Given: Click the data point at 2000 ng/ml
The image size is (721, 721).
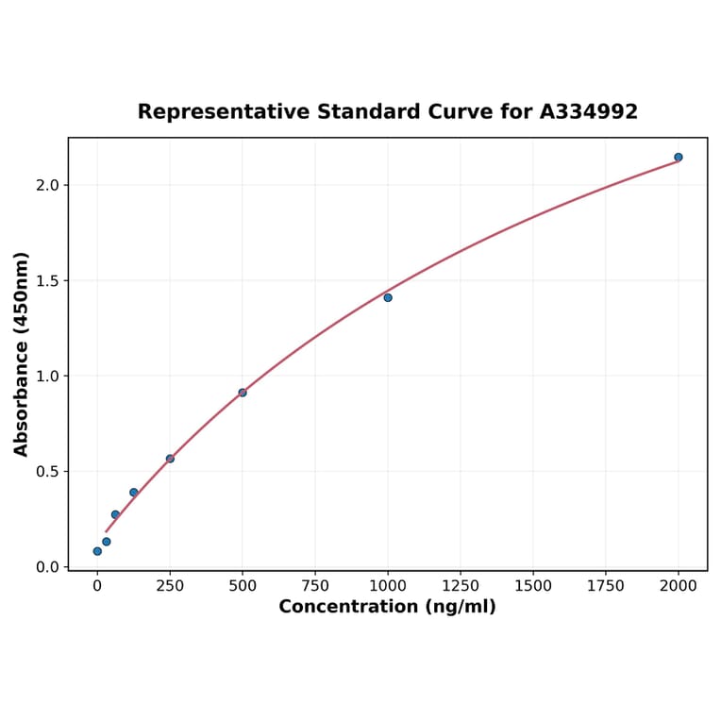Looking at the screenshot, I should click(678, 158).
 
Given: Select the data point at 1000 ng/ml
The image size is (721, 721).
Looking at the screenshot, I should click(388, 297).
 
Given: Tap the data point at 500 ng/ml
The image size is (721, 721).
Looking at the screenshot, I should click(243, 393).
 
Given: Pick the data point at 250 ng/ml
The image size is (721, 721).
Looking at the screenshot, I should click(170, 459).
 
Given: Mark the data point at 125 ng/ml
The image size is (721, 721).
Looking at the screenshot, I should click(134, 493).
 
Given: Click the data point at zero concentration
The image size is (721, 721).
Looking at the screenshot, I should click(97, 551).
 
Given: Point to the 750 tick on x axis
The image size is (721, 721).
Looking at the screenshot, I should click(315, 586).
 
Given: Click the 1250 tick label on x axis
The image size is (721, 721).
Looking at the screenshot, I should click(461, 586).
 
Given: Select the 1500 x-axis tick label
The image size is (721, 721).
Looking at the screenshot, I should click(533, 586).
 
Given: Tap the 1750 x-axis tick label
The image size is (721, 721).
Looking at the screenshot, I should click(606, 586).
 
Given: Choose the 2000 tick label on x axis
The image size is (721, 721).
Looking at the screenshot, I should click(679, 586).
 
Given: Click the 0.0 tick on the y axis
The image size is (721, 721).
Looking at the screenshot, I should click(47, 567).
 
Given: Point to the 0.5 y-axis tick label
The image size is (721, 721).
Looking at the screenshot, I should click(47, 472).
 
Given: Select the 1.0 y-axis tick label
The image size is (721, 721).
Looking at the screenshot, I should click(47, 377).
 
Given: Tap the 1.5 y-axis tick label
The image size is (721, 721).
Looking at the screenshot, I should click(47, 281).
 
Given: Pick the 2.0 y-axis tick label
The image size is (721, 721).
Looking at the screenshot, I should click(47, 186).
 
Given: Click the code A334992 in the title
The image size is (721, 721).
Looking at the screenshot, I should click(589, 112).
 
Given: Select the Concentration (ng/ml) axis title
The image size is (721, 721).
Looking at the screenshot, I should click(387, 607).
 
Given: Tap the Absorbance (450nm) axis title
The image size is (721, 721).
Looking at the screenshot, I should click(22, 354).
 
